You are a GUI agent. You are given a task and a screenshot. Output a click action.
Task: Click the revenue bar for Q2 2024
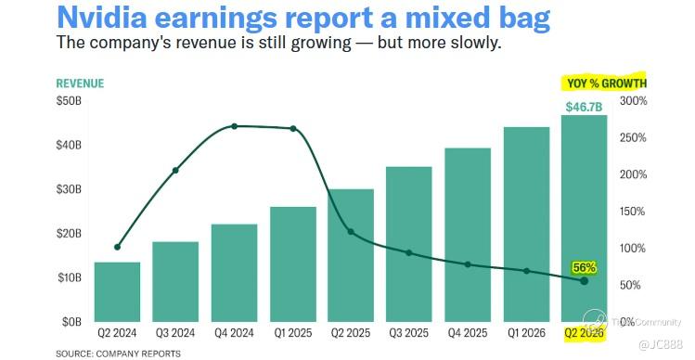point(118,291)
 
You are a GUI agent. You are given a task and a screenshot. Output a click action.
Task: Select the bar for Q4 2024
point(234,273)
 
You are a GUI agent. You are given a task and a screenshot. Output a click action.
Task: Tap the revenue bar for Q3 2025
point(408,244)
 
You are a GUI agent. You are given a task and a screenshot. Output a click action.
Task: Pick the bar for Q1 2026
point(526,225)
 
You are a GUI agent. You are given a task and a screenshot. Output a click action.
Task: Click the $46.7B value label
point(584,108)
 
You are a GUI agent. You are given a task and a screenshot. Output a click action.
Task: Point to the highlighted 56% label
point(584,268)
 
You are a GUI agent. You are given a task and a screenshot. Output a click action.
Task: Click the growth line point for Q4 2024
point(234,126)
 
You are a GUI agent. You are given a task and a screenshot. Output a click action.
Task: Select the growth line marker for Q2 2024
point(118,247)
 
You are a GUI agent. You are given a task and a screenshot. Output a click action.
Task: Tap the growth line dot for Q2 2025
point(351,232)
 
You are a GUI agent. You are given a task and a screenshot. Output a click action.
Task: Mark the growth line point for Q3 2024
point(175,170)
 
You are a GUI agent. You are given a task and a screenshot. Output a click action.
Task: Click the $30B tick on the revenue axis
point(69,189)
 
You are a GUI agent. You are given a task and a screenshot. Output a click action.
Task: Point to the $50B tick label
point(69,100)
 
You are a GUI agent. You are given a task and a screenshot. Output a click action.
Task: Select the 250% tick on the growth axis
point(633,138)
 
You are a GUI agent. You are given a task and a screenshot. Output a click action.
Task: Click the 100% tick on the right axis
point(633,249)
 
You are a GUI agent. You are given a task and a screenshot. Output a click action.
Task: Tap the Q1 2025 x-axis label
point(292,333)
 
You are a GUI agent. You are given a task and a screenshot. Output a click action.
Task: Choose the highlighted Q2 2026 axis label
point(584,333)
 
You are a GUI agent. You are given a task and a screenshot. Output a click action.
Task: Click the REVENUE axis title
point(80,84)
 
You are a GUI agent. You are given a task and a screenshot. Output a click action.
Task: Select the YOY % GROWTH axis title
point(606,84)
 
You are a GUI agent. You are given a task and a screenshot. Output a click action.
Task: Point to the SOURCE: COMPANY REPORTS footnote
point(119,354)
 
